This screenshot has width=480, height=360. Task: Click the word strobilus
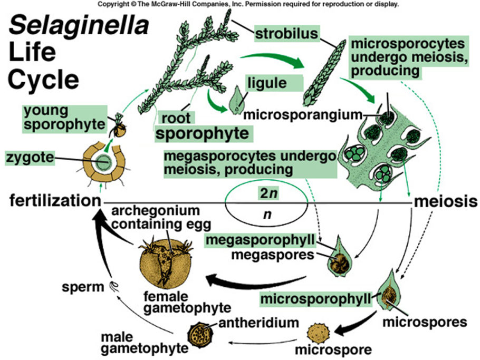[x=287, y=35]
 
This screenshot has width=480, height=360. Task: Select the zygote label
[x=27, y=157]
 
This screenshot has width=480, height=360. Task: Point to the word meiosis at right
[x=446, y=201]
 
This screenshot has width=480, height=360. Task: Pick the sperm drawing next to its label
[x=113, y=287]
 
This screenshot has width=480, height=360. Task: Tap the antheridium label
[x=255, y=322]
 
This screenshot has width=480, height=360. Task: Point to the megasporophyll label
[x=260, y=240]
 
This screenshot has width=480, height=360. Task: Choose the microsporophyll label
[x=317, y=299]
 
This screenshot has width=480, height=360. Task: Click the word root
[x=176, y=117]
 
